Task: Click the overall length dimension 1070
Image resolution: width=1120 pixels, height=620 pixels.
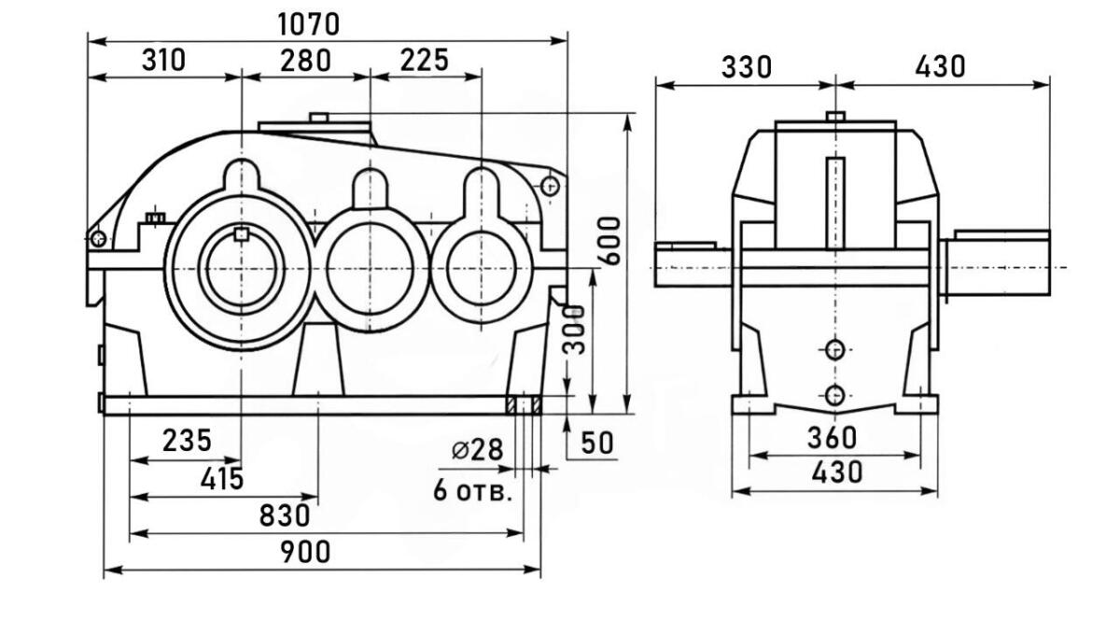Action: (x=308, y=23)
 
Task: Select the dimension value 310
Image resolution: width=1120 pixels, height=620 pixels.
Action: (x=163, y=61)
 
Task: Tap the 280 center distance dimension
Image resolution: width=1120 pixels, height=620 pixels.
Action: (x=305, y=61)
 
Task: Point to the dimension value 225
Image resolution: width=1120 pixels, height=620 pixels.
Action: (x=424, y=61)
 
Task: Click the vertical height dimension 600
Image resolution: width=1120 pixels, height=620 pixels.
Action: (x=609, y=241)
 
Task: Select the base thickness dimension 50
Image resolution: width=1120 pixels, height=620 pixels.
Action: (x=597, y=444)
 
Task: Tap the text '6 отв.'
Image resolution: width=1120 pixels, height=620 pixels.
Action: (x=472, y=491)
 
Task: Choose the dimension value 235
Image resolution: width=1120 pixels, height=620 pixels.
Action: (x=187, y=441)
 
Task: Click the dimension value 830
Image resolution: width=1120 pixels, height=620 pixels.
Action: (x=285, y=515)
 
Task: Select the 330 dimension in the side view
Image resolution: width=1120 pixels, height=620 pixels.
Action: (x=747, y=67)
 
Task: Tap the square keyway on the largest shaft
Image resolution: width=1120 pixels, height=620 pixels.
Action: (x=242, y=234)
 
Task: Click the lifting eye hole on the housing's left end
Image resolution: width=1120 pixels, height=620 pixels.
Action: (x=98, y=239)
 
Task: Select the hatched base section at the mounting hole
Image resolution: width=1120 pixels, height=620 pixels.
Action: (x=525, y=404)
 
